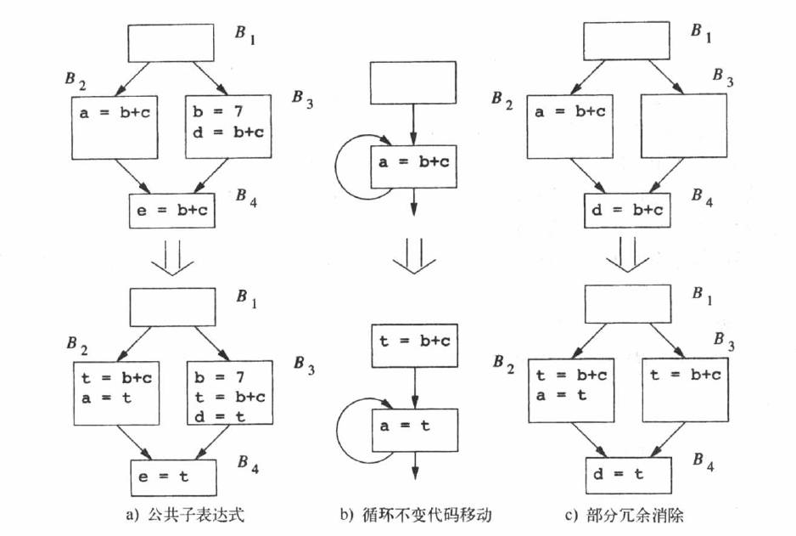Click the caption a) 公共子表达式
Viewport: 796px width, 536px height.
point(173,515)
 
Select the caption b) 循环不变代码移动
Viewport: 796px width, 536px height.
point(415,515)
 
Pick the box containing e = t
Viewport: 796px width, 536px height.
point(172,477)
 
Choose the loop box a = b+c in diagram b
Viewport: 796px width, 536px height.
point(413,166)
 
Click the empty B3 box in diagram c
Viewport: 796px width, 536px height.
point(684,125)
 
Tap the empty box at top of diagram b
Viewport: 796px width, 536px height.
point(412,84)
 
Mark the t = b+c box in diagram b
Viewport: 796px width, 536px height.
point(414,342)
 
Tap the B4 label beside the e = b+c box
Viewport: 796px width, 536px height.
point(249,198)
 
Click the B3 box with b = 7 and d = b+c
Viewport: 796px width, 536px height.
point(227,126)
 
